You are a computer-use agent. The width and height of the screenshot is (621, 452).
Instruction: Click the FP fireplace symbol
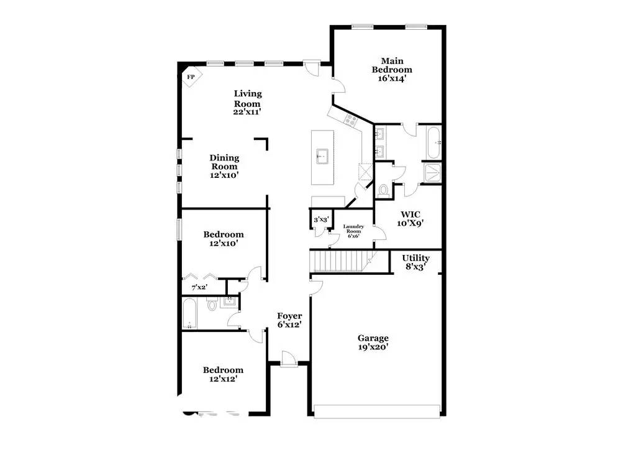pos(192,77)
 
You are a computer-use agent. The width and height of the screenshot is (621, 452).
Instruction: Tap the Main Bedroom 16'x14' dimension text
pos(392,78)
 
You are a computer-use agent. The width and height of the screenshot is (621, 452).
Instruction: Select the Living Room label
pos(248,99)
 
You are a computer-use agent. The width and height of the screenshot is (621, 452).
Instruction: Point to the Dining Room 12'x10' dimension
pos(224,175)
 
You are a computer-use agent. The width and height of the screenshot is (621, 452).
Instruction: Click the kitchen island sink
pos(322,156)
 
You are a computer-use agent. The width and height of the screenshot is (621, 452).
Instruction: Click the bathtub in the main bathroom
pos(433,142)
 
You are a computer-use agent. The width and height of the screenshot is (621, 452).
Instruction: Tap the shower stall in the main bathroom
pos(432,173)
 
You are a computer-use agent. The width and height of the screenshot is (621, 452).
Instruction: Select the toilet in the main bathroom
pos(383,190)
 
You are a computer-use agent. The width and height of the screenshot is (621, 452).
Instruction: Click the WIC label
pos(410,215)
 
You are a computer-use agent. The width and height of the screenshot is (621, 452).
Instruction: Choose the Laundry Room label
pos(353,229)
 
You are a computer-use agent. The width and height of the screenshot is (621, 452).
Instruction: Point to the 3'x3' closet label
pos(321,219)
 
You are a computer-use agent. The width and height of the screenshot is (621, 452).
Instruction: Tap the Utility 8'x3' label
pos(415,262)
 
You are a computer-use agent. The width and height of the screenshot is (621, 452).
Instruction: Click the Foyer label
pos(289,316)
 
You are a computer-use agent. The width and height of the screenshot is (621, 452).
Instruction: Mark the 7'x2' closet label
pos(199,287)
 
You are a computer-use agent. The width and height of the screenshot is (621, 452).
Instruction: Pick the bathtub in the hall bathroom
pos(189,313)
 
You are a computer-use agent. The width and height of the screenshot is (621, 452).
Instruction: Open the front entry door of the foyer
pos(289,359)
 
